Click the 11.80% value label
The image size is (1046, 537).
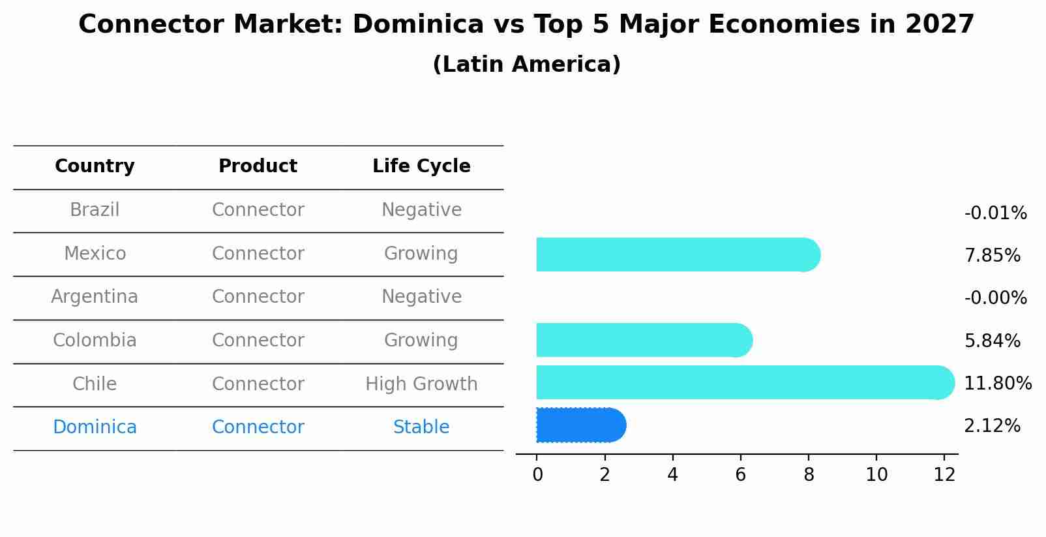997,384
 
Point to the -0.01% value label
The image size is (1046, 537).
994,213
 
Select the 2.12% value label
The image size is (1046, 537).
992,426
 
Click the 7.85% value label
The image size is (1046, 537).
992,256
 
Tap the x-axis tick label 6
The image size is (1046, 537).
740,475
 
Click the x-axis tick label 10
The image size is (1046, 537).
876,475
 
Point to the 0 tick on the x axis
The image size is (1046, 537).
537,475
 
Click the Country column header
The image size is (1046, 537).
95,166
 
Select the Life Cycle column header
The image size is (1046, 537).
421,166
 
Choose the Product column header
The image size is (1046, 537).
258,166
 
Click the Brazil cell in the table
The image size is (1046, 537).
95,210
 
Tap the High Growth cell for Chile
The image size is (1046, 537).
421,384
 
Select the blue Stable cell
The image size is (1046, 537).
421,427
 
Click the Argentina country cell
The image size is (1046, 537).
95,297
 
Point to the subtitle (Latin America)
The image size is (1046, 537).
526,65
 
